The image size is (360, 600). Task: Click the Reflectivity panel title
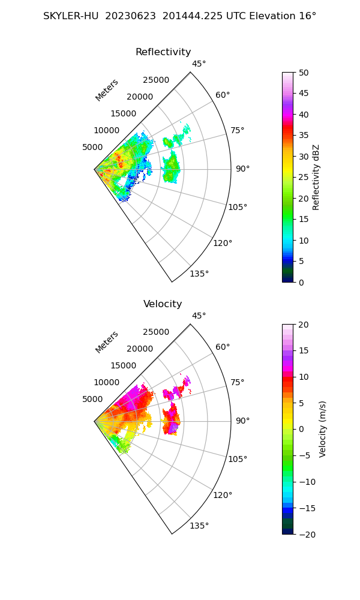[x=163, y=52]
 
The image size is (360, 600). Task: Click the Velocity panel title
[x=163, y=304]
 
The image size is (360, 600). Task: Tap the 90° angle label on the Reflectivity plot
[x=242, y=169]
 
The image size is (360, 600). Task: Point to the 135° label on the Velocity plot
[x=199, y=526]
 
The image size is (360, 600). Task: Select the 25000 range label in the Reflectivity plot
[x=156, y=80]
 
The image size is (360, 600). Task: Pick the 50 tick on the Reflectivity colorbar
[x=304, y=73]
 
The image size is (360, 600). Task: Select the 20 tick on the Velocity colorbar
[x=304, y=325]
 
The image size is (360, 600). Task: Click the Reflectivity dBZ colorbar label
[x=316, y=177]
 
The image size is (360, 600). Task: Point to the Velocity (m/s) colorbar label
[x=323, y=429]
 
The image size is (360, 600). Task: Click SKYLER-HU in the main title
[x=71, y=16]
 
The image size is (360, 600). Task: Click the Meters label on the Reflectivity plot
[x=107, y=90]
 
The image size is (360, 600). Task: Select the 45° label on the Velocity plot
[x=199, y=316]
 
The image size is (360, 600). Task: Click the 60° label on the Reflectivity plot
[x=223, y=95]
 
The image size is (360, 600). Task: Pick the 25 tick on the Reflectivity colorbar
[x=304, y=178]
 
